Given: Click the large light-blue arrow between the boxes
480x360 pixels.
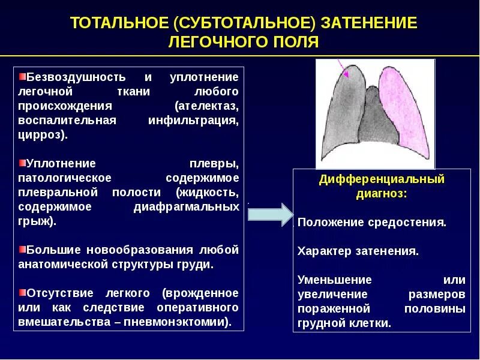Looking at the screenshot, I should (x=268, y=215).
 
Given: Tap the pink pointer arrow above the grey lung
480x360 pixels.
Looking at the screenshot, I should (x=344, y=68).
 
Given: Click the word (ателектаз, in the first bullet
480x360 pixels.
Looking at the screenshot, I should (x=206, y=106).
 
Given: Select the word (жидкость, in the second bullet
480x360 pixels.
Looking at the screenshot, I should (x=208, y=192).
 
